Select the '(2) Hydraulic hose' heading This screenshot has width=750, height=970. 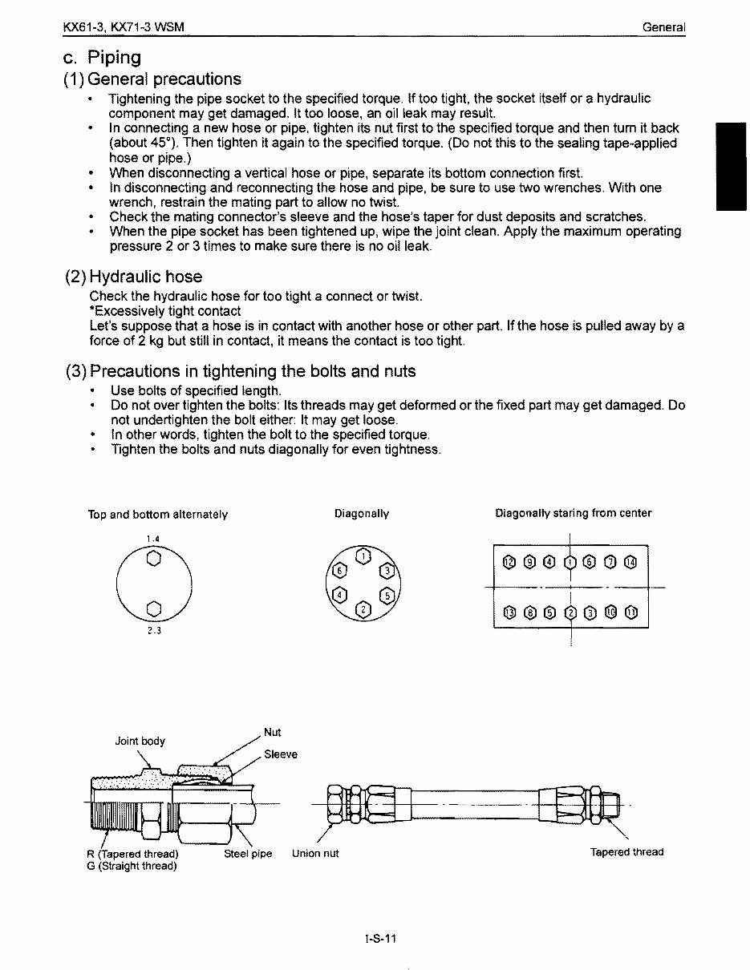point(133,277)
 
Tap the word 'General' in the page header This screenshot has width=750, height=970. point(663,28)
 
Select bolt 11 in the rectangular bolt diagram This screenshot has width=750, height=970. point(631,613)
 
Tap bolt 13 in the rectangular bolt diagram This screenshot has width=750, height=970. point(508,613)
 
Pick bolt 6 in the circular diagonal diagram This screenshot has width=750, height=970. point(339,570)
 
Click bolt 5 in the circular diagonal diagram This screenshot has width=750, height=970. point(389,596)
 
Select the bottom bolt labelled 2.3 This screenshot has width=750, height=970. point(154,607)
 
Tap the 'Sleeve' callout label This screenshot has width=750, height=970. point(280,754)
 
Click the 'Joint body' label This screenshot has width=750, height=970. point(140,741)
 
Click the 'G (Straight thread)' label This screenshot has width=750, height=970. point(132,866)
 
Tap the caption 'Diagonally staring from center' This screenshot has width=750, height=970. point(573,513)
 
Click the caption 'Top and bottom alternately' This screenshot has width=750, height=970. point(158,515)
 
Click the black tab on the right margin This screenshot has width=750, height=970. point(731,167)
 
